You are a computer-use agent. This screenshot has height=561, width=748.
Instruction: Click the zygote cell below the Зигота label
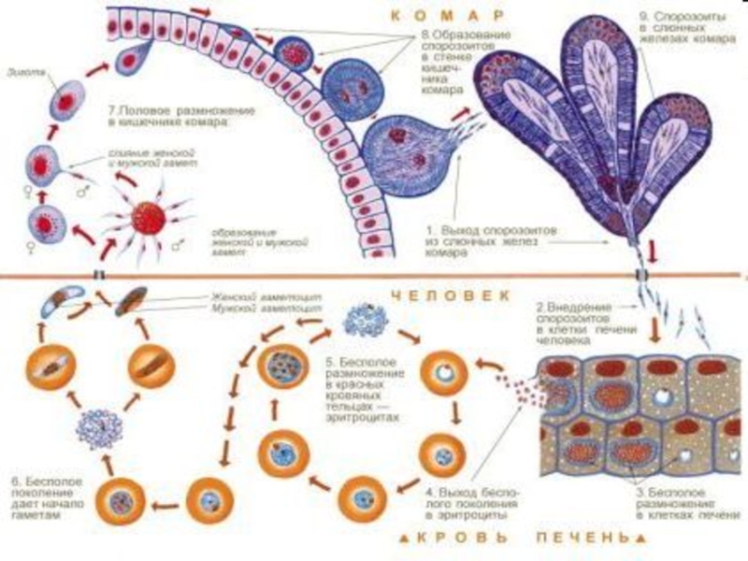pos(65,101)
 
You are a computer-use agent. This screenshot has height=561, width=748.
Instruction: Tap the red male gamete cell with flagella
pos(148,219)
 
